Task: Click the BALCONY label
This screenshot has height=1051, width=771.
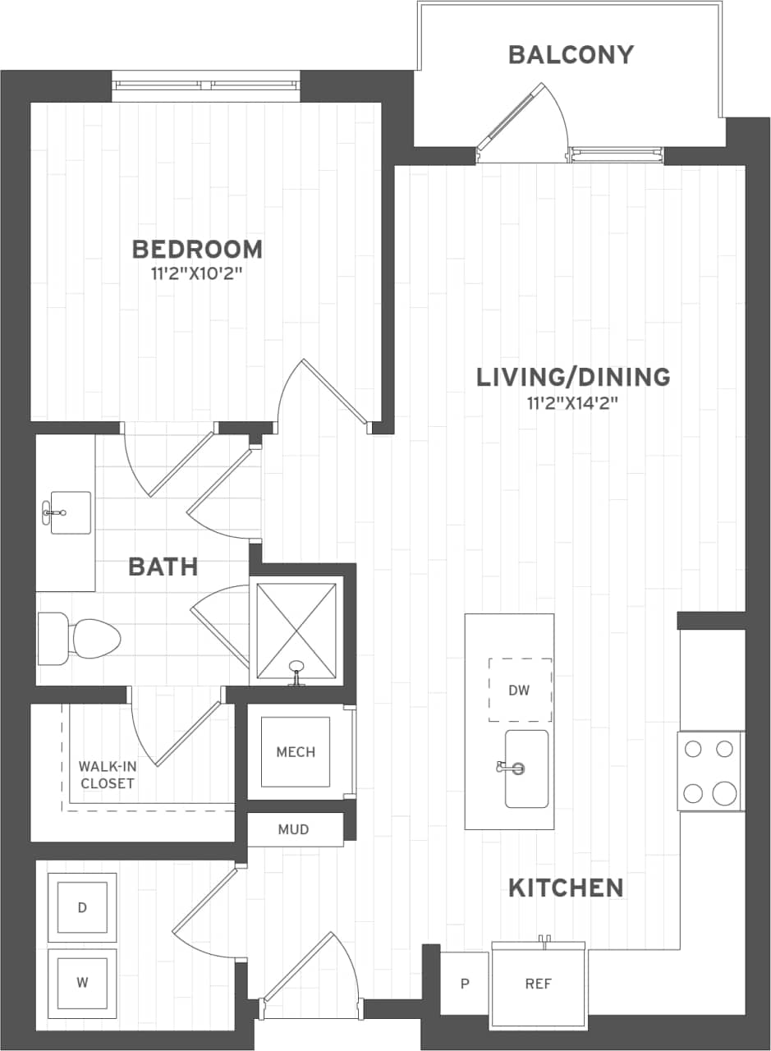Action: point(571,55)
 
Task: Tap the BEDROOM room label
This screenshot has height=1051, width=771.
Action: point(197,248)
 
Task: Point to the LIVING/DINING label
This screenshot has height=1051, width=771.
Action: point(573,377)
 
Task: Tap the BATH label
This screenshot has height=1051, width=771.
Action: point(163,566)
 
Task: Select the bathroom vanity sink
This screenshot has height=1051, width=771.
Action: point(70,513)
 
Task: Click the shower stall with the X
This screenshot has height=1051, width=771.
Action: point(296,630)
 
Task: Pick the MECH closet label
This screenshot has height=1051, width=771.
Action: point(296,752)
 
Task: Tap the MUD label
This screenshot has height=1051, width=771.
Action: point(293,829)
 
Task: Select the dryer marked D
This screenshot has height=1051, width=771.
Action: point(82,907)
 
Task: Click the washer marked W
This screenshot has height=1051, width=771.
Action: point(82,982)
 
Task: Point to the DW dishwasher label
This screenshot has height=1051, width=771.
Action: point(519,690)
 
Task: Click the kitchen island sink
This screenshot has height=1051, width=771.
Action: point(525,769)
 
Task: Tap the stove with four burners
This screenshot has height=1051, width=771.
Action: point(710,771)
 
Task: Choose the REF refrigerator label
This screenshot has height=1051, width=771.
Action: point(539,984)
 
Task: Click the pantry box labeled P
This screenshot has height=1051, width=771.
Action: point(464,984)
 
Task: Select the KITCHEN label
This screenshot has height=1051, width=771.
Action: point(566,888)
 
